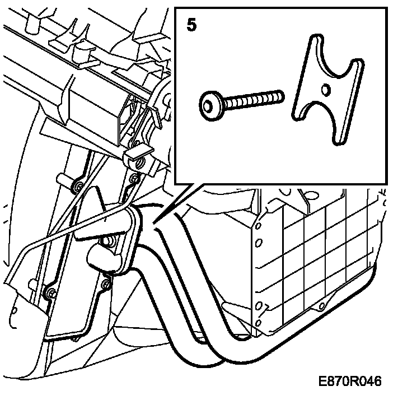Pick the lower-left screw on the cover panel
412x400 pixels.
50,294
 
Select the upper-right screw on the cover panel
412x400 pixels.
134,179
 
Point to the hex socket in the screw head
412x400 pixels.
209,105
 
